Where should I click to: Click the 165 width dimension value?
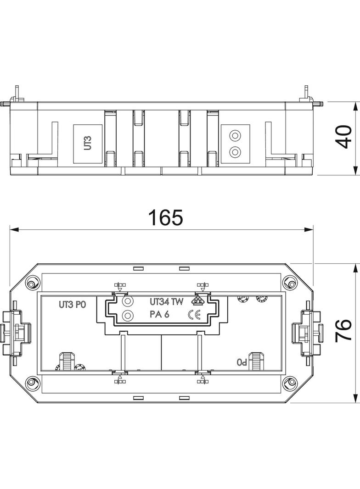(x=165, y=217)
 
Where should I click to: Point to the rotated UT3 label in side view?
(x=88, y=143)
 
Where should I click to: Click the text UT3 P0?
(x=72, y=304)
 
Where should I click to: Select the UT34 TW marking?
(x=166, y=302)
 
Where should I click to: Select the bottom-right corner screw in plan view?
(x=290, y=382)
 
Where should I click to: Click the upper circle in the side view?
(x=235, y=136)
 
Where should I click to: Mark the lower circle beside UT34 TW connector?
(x=128, y=316)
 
